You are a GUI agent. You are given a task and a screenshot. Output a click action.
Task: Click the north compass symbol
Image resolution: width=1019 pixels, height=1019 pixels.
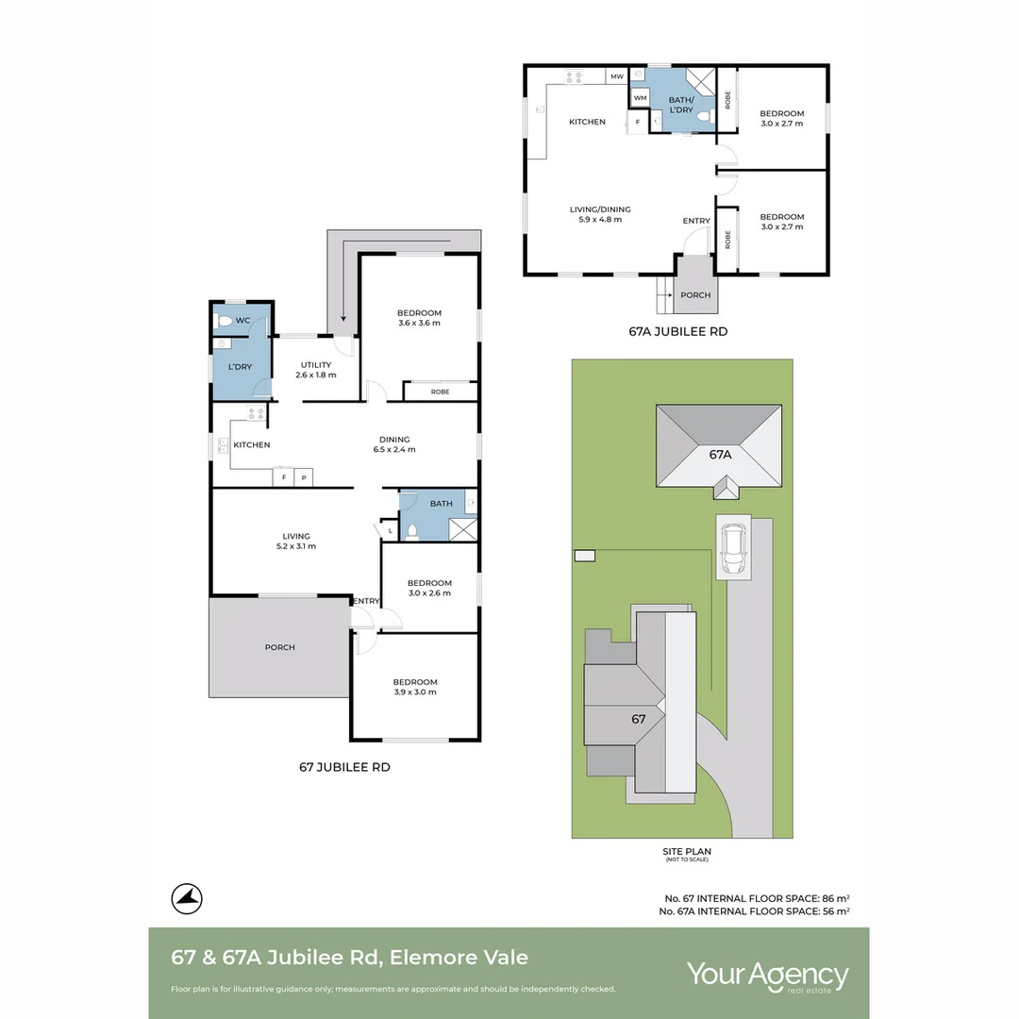(x=187, y=899)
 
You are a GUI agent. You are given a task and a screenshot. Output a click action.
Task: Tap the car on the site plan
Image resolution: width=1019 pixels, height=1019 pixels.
(x=734, y=548)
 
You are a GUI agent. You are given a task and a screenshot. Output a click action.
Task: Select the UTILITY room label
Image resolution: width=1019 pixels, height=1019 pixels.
(x=316, y=365)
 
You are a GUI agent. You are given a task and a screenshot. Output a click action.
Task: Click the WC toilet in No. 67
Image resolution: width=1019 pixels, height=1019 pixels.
(x=225, y=321)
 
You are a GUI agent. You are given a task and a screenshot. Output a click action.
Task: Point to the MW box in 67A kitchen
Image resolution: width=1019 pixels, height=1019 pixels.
(x=617, y=76)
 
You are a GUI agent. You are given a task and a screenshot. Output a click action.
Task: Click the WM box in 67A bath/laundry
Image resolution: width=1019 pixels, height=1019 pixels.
(x=640, y=98)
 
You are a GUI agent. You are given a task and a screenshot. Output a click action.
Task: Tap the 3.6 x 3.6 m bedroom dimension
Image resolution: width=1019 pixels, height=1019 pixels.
(x=419, y=323)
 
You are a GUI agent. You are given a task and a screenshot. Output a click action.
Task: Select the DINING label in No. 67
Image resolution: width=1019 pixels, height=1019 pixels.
(x=394, y=440)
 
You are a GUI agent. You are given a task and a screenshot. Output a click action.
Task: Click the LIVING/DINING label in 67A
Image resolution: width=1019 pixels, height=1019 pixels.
(x=600, y=209)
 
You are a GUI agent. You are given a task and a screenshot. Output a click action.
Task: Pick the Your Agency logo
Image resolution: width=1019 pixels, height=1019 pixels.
(x=767, y=977)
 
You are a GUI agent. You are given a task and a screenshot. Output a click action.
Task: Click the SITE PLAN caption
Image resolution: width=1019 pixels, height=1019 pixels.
(x=687, y=851)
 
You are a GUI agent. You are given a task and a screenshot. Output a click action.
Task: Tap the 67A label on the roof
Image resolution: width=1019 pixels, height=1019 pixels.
(x=720, y=455)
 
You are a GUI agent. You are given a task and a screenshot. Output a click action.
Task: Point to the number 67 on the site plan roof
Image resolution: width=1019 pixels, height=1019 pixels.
(x=638, y=719)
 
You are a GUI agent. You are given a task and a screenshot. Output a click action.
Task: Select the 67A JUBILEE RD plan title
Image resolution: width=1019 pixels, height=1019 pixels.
(x=677, y=331)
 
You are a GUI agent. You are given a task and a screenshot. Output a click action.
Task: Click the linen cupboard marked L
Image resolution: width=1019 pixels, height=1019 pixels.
(x=390, y=530)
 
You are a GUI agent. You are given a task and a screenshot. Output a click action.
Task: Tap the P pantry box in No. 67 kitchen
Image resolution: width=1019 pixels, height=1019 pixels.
(x=304, y=477)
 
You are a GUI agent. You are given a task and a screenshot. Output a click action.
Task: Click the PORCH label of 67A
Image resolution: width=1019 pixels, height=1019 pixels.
(x=695, y=295)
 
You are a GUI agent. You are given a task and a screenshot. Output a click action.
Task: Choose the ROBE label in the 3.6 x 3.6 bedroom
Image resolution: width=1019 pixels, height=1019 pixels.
(x=440, y=392)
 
